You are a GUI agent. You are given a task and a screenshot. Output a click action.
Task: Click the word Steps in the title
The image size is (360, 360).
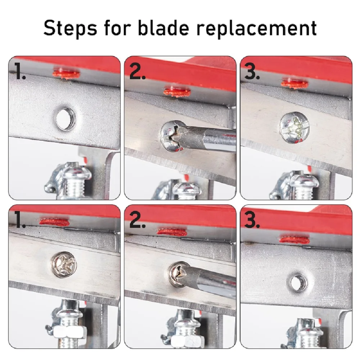(x=70, y=28)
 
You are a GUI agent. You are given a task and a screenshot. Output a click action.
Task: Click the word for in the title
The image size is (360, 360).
(x=117, y=28)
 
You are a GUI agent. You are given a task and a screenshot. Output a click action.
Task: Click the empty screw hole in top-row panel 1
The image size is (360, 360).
(x=66, y=119)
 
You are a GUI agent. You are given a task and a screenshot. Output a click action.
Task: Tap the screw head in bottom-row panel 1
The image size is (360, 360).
(x=64, y=265)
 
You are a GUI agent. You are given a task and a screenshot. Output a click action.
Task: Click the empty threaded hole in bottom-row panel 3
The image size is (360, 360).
(x=298, y=283)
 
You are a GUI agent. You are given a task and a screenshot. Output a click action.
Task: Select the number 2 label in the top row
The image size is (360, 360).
(x=137, y=71)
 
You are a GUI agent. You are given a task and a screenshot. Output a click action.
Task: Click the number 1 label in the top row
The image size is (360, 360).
(x=20, y=71)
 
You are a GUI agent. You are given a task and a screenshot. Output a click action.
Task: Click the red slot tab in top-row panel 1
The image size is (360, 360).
(x=66, y=74)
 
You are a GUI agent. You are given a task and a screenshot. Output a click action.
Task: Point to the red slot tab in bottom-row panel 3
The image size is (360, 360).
(x=294, y=240)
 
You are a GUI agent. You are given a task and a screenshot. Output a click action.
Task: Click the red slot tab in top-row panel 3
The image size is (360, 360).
(x=295, y=84)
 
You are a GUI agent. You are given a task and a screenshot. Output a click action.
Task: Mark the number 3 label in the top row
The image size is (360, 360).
(x=252, y=71)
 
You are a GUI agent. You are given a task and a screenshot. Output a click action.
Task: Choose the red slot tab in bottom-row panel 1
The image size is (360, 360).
(x=54, y=222)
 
